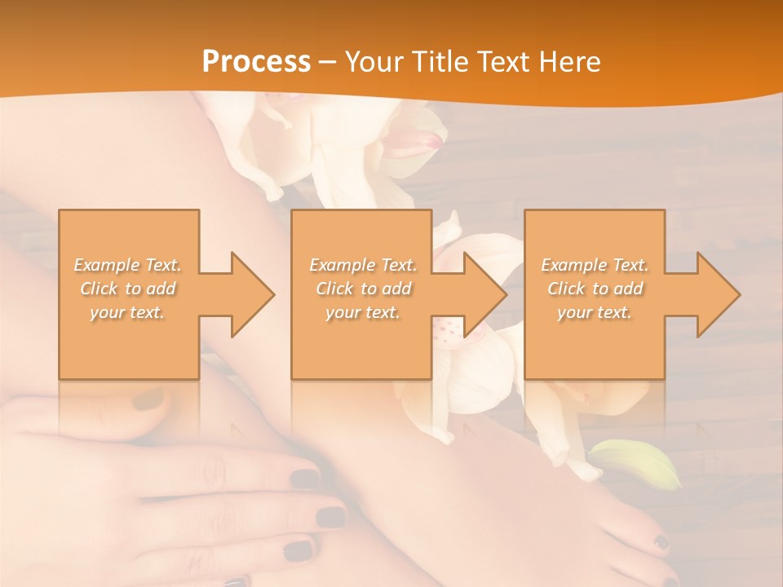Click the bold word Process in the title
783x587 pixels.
click(256, 62)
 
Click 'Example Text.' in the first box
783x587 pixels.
click(128, 265)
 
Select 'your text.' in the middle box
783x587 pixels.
click(362, 312)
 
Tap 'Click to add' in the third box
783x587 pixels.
click(595, 289)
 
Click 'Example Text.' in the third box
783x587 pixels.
click(595, 265)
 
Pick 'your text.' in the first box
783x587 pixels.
click(128, 312)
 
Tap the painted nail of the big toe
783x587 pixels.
click(661, 541)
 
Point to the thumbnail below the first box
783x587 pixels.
click(148, 399)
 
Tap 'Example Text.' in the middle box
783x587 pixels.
click(362, 265)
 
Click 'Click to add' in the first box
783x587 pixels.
click(128, 289)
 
